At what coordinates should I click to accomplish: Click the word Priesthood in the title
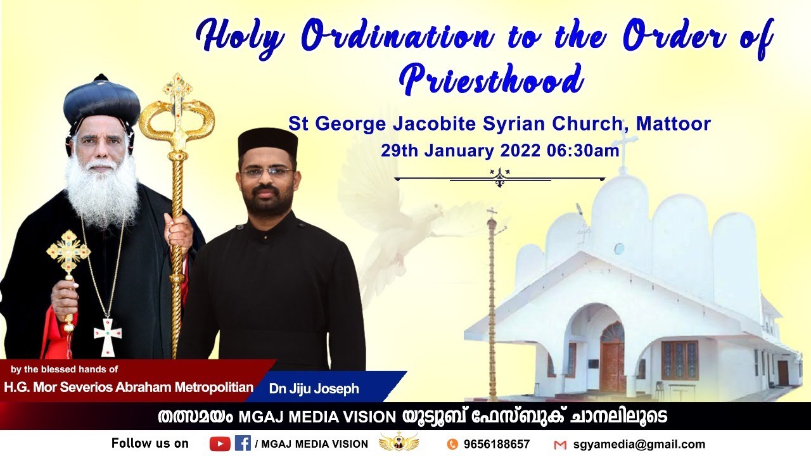tap(491, 80)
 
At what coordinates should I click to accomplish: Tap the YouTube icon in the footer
tap(220, 444)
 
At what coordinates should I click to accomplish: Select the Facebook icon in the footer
tap(243, 443)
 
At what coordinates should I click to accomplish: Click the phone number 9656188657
tap(497, 444)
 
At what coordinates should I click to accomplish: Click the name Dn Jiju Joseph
tap(314, 388)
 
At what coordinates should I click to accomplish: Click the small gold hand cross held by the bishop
tap(68, 253)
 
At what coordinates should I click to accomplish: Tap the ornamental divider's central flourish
tap(500, 176)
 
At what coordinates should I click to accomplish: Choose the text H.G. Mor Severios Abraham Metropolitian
tap(129, 387)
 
